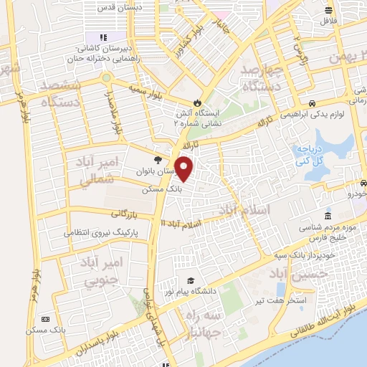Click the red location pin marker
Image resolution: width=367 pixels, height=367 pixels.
[184, 168]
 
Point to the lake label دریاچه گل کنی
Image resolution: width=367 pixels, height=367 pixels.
[310, 156]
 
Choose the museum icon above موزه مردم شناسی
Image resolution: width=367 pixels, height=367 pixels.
[328, 216]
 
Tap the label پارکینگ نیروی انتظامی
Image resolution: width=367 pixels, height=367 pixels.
[100, 234]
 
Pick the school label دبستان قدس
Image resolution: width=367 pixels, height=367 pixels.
[161, 6]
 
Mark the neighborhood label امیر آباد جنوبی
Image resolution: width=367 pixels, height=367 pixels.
[108, 272]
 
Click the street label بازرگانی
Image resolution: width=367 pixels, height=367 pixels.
[124, 214]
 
